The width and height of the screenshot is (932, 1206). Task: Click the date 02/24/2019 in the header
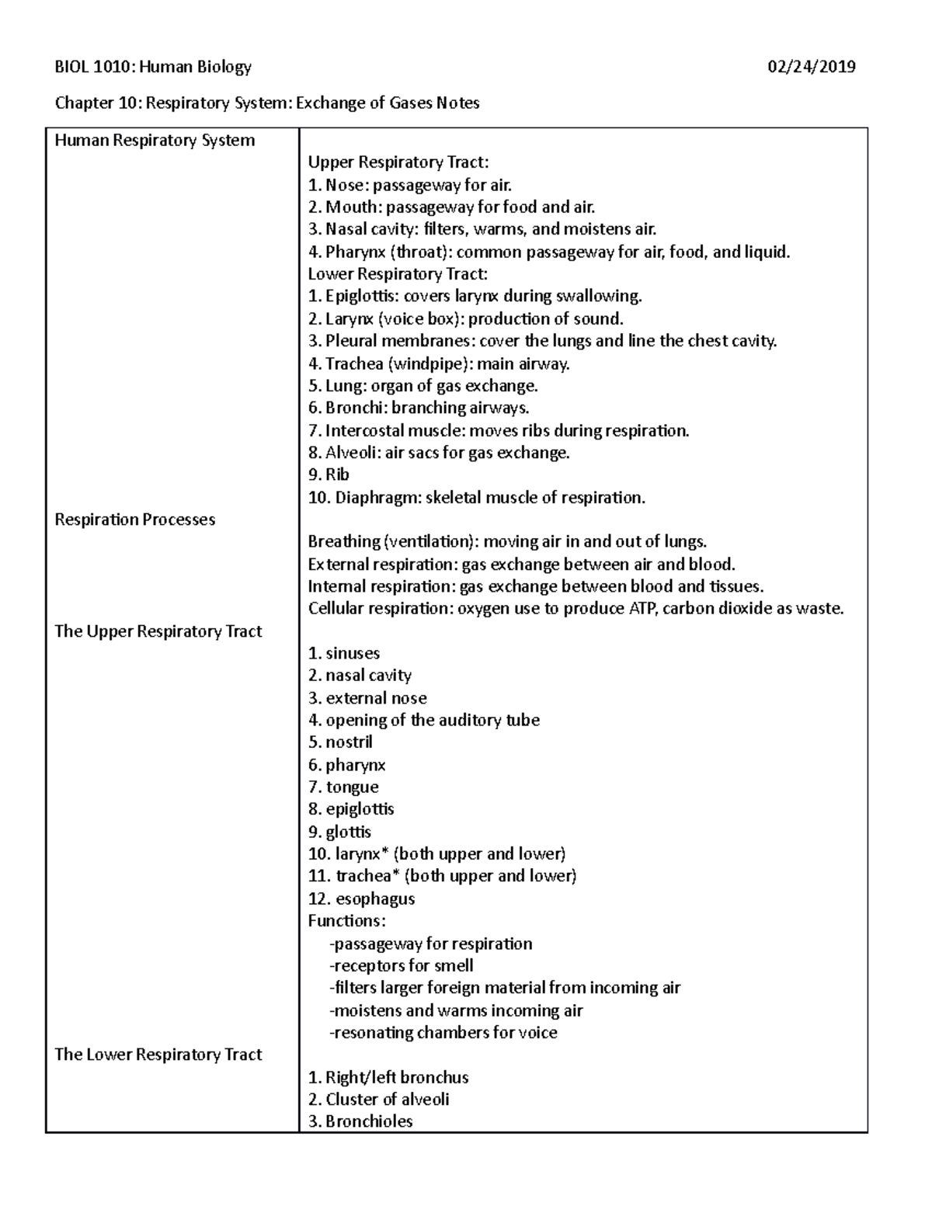tap(811, 67)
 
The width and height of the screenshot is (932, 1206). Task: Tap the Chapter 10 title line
tap(266, 103)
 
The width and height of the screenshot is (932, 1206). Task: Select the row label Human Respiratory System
tap(155, 141)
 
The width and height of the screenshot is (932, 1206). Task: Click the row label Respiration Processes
tap(134, 520)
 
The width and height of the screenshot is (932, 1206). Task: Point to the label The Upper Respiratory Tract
tap(158, 631)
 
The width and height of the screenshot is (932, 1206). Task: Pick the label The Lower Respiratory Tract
tap(158, 1055)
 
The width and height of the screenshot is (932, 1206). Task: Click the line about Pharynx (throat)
tap(548, 252)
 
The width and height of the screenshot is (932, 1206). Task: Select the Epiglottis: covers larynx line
tap(475, 296)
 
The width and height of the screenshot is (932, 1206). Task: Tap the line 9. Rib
tap(329, 474)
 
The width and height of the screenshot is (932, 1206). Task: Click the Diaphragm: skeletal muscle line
tap(476, 497)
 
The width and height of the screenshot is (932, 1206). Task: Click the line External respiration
tap(520, 565)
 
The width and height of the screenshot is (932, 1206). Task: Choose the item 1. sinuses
tap(343, 654)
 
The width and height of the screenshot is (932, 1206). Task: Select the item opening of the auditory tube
tap(423, 721)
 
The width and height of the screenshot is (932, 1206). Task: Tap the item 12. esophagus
tap(361, 899)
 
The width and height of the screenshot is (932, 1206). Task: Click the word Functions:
tap(346, 921)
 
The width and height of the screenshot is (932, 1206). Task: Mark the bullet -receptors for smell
tap(401, 966)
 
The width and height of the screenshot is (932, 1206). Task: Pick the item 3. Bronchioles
tap(360, 1121)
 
